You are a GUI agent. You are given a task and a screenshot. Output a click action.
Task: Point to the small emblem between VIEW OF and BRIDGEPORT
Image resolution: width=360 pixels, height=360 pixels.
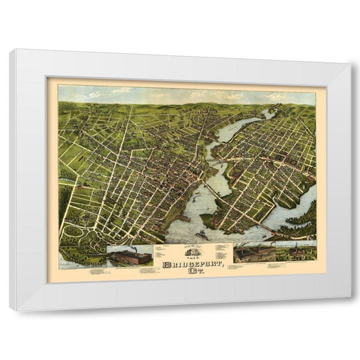[x=188, y=249]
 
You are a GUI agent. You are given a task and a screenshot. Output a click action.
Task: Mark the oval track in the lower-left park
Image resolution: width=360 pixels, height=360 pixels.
[x=72, y=231]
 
